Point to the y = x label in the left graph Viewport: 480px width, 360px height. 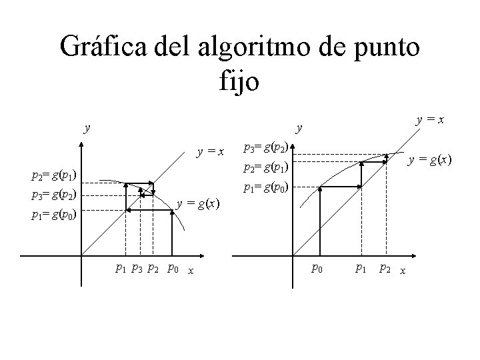pos(209,152)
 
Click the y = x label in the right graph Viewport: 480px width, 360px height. pos(431,121)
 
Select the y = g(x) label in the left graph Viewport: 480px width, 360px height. pos(198,204)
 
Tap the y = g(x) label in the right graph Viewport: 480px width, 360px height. pos(430,159)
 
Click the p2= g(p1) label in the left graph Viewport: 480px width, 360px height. pos(53,176)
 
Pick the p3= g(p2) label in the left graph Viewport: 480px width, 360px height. pos(53,195)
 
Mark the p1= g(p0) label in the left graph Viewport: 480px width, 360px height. pos(53,215)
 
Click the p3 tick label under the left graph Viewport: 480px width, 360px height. pos(137,269)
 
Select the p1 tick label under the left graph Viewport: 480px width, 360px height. pos(121,269)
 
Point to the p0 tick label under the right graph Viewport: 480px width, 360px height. pos(317,269)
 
